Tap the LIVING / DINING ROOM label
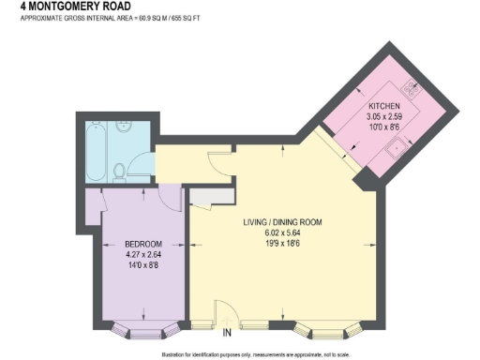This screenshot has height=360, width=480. click(282, 222)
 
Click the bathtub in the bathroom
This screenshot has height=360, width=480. click(97, 149)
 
